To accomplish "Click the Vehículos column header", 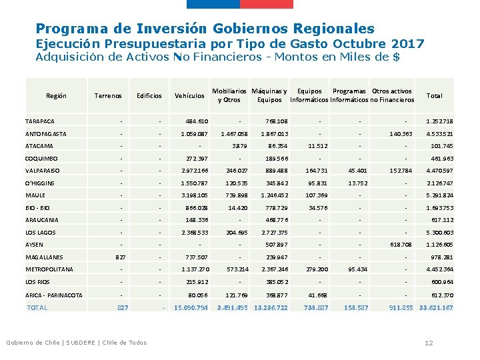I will [x=189, y=95].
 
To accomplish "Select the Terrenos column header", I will [x=108, y=95].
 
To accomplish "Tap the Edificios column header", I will [x=149, y=95].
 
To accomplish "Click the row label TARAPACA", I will [x=40, y=121].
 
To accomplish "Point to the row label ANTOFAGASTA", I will [x=45, y=134].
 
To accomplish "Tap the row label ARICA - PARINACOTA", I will [x=54, y=295].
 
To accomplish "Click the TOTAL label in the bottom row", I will [x=37, y=307].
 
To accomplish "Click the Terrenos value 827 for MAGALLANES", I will [x=121, y=257].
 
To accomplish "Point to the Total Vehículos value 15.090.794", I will [x=191, y=307].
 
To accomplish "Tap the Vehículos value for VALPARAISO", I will [x=195, y=171].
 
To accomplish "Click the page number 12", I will [x=429, y=343].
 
